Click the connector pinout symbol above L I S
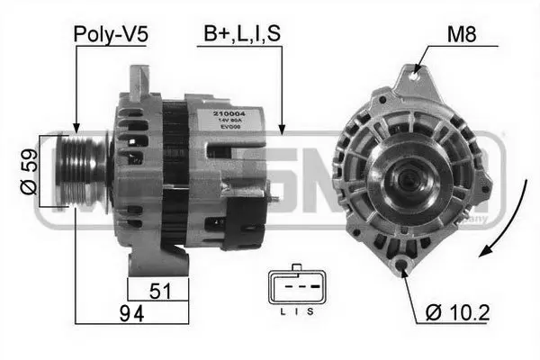click(x=294, y=289)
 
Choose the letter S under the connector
click(x=310, y=312)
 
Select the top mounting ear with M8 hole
click(x=415, y=76)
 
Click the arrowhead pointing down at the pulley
click(x=77, y=127)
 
